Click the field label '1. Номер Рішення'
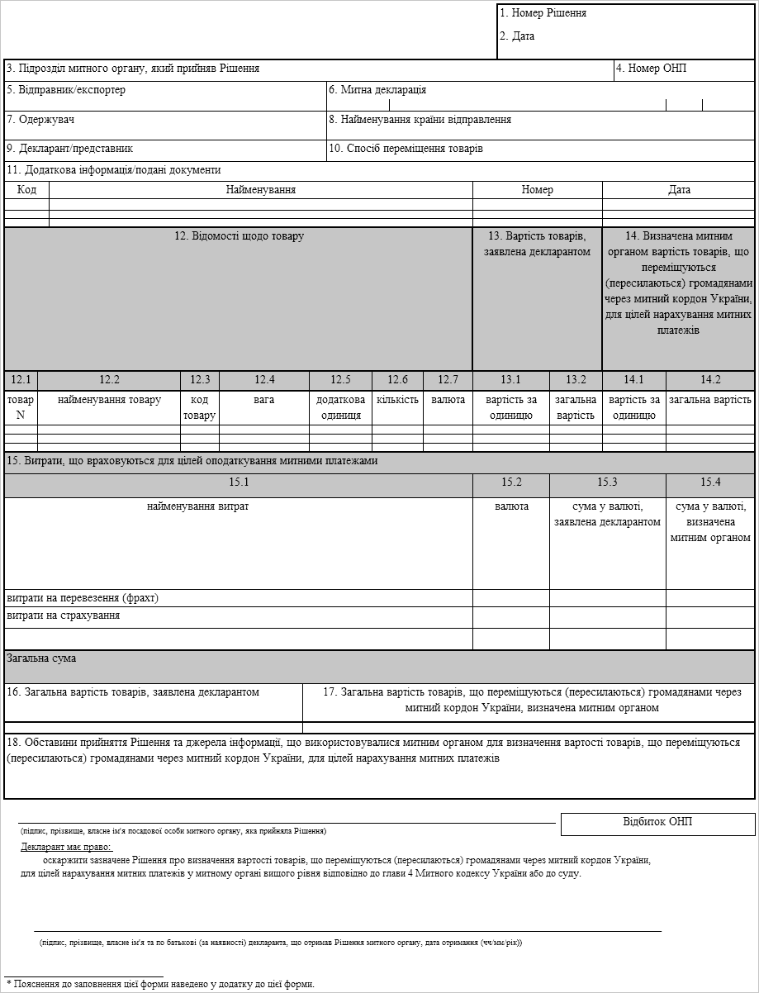[x=543, y=13]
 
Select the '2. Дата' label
[x=517, y=36]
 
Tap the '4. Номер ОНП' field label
[x=652, y=69]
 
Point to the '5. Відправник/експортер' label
[x=66, y=90]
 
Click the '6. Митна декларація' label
[x=377, y=90]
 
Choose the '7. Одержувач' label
[x=40, y=120]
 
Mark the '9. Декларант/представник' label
[x=69, y=149]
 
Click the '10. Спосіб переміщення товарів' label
[x=406, y=149]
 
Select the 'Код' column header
[x=26, y=190]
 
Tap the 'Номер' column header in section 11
[x=537, y=190]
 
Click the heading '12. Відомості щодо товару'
[x=239, y=236]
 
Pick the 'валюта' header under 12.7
[x=448, y=400]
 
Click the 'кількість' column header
[x=397, y=400]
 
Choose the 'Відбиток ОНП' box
[x=657, y=822]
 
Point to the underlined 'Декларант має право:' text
[x=66, y=847]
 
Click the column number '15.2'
[x=511, y=482]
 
